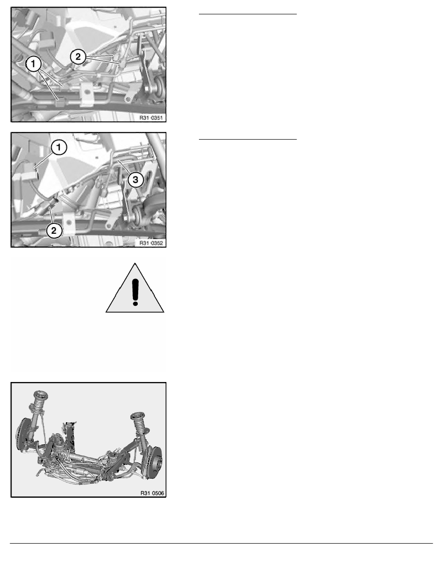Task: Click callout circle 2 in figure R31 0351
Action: pyautogui.click(x=78, y=56)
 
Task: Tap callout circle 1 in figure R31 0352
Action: pyautogui.click(x=59, y=147)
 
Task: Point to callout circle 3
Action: pyautogui.click(x=135, y=179)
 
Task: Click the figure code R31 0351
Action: pyautogui.click(x=151, y=118)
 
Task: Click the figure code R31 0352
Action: pyautogui.click(x=151, y=243)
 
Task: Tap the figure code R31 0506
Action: pyautogui.click(x=152, y=493)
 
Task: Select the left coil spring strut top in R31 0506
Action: pyautogui.click(x=39, y=395)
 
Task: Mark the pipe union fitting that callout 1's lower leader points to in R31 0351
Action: pyautogui.click(x=60, y=102)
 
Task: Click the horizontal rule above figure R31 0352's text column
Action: pyautogui.click(x=248, y=139)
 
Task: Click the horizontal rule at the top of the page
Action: pyautogui.click(x=248, y=14)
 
